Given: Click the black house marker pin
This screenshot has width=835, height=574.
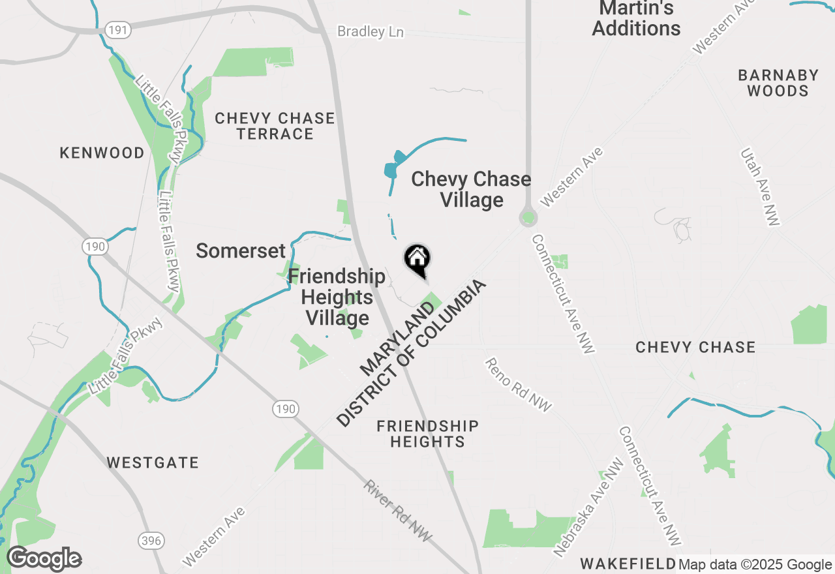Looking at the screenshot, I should tap(417, 260).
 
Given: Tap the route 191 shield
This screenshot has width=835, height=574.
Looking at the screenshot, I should tap(119, 29).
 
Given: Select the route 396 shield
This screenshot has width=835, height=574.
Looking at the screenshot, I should tap(151, 541).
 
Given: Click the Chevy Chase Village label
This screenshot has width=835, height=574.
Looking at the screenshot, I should tap(471, 189).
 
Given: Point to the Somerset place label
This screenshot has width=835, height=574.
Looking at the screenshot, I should tap(241, 250).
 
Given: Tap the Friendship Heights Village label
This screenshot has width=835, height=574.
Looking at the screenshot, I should tap(337, 297).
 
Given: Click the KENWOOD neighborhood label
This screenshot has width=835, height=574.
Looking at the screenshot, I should tap(102, 153).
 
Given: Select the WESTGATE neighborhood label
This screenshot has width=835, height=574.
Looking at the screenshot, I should tap(153, 462).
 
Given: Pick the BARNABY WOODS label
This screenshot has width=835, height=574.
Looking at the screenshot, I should tap(778, 83).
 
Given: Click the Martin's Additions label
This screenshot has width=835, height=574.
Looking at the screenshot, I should tap(636, 19).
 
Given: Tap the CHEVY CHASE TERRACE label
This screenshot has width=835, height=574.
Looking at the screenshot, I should tap(275, 126).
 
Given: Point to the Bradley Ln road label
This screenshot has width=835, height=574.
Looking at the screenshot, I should tap(370, 31).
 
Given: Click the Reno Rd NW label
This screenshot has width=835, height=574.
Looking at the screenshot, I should tap(518, 385).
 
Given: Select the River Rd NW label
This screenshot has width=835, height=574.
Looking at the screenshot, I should tap(398, 511).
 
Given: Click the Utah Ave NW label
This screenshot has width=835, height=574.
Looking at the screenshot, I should tap(759, 187).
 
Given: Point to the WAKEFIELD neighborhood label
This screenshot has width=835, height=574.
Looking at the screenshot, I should tap(628, 563).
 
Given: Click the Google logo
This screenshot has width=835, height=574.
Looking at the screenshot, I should tap(44, 558).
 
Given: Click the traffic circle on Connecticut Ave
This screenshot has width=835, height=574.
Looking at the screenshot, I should tap(528, 217).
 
